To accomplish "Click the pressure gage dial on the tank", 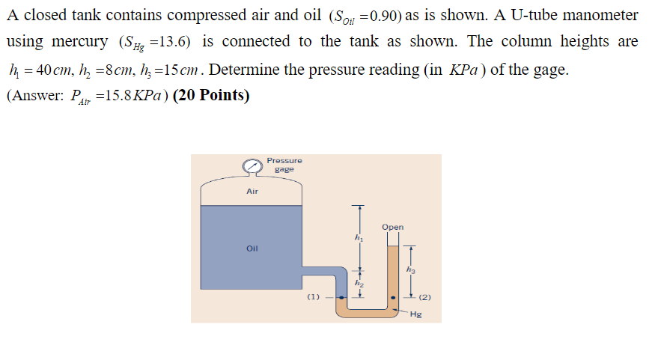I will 253,166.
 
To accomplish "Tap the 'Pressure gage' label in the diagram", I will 284,165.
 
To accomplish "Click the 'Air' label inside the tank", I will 252,192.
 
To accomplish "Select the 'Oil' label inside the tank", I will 252,248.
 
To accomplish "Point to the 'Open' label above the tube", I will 392,227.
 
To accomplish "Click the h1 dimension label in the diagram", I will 358,238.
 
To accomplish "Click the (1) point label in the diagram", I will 314,297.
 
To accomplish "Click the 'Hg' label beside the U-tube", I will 416,315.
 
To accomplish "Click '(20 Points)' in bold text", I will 211,97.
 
